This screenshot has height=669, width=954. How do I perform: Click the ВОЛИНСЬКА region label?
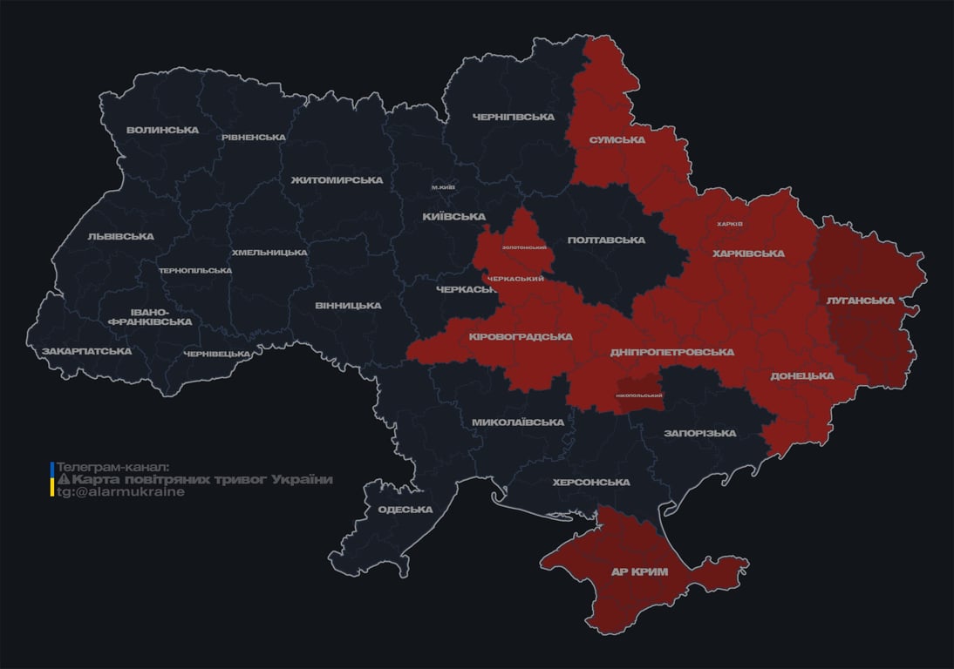[x=162, y=131]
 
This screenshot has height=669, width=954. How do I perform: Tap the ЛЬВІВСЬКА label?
[x=120, y=236]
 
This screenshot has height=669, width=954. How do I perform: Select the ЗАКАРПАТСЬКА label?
[x=87, y=351]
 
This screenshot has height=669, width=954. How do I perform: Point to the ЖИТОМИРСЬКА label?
[x=337, y=179]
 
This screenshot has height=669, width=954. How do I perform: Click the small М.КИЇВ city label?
[x=443, y=187]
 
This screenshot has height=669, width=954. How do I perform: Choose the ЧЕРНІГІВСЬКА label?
[x=514, y=117]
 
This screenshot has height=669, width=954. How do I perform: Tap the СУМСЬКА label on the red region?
[x=617, y=139]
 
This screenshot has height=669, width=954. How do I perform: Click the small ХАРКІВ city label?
[x=729, y=224]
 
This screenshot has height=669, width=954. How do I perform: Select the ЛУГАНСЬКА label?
[x=860, y=301]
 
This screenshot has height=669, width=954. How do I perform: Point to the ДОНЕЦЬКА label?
[x=801, y=376]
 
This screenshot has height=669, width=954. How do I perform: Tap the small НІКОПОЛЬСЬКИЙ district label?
[x=638, y=396]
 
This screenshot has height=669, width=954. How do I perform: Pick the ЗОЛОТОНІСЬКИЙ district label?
[x=524, y=247]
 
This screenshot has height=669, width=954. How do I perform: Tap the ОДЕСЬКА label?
[x=405, y=510]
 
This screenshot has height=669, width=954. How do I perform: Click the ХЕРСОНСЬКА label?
[x=590, y=482]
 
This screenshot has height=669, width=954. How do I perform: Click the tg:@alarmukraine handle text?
[x=120, y=491]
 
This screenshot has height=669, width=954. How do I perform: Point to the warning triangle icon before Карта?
[x=63, y=480]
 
